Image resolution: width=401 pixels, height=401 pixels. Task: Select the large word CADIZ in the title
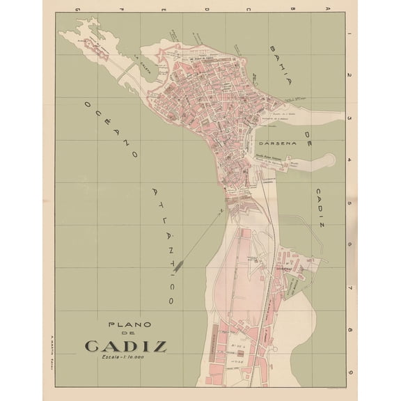pyautogui.click(x=125, y=345)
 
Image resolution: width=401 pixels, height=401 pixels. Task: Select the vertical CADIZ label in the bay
pyautogui.click(x=318, y=201)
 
